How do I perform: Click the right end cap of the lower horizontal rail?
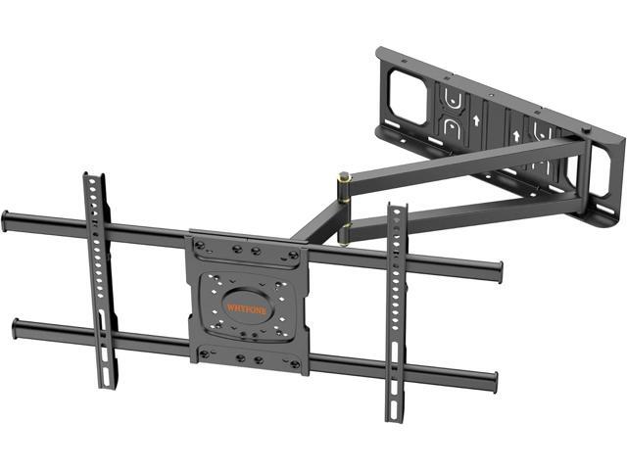(x=492, y=381)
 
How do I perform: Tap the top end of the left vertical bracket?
(x=89, y=179)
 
